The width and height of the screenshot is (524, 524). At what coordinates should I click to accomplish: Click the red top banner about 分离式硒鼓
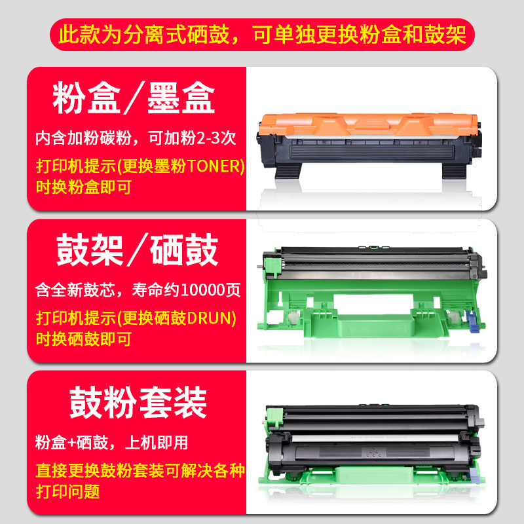point(262,34)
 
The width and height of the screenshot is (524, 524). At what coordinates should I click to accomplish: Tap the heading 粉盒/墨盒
point(134,99)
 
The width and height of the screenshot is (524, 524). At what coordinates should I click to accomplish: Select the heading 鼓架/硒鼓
point(137,251)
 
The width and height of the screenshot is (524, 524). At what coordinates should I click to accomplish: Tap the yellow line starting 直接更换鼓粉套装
point(140,470)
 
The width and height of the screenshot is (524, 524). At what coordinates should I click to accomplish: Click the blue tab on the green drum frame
point(470,322)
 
